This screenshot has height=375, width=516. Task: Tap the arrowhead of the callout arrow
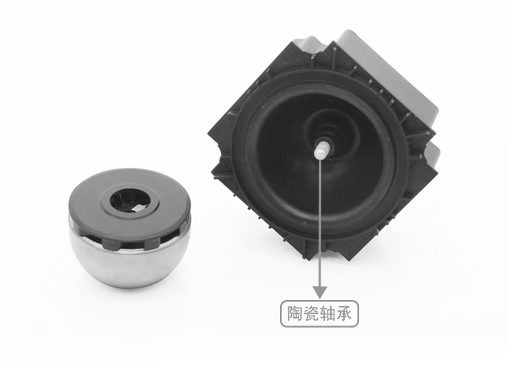coord(320,292)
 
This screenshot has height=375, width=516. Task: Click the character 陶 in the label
coord(295,313)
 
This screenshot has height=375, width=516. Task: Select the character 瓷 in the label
coord(311,313)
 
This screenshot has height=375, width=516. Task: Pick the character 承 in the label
coord(343,313)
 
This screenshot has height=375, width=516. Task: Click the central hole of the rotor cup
coord(130,200)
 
